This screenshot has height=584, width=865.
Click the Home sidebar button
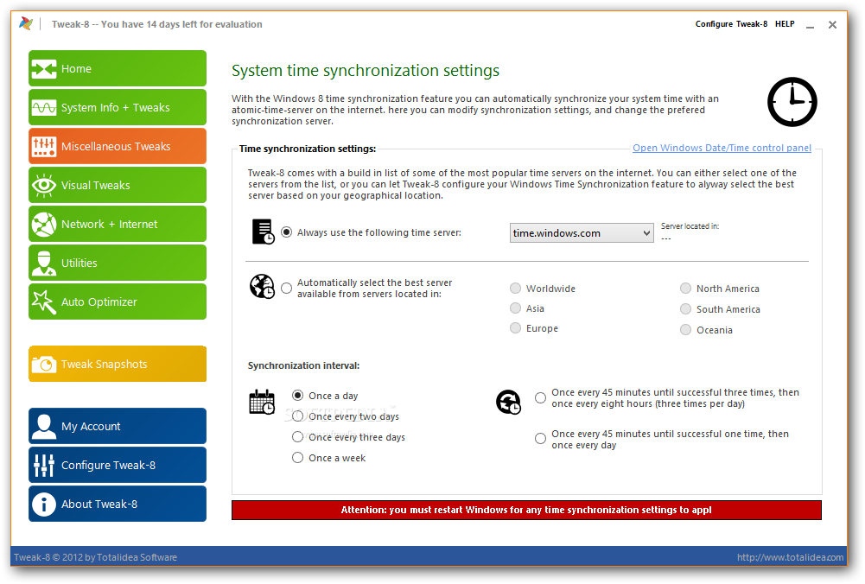tap(118, 69)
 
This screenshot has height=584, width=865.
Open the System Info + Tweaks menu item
tap(118, 108)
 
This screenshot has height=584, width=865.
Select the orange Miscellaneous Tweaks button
tap(118, 147)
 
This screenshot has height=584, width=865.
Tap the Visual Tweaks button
tap(118, 186)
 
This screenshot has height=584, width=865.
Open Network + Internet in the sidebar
tap(118, 225)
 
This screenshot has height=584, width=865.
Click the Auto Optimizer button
tap(118, 302)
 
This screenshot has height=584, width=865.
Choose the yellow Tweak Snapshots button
tap(118, 365)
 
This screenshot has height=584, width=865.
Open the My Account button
tap(118, 427)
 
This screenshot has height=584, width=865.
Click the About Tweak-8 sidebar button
tap(118, 505)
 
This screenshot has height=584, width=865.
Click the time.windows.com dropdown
tap(582, 233)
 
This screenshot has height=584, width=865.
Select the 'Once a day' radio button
tap(298, 396)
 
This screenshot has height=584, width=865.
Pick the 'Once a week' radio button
tap(298, 458)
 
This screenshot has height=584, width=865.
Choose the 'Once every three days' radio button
tap(298, 437)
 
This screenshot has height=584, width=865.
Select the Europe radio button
tap(516, 328)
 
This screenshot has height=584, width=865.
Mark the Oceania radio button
tap(686, 330)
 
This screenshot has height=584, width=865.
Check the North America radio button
tap(686, 289)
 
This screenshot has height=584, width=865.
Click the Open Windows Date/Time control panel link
tap(722, 149)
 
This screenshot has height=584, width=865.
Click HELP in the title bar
tap(785, 24)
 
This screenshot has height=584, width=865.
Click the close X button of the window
tap(832, 25)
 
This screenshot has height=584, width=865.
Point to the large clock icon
tap(792, 102)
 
